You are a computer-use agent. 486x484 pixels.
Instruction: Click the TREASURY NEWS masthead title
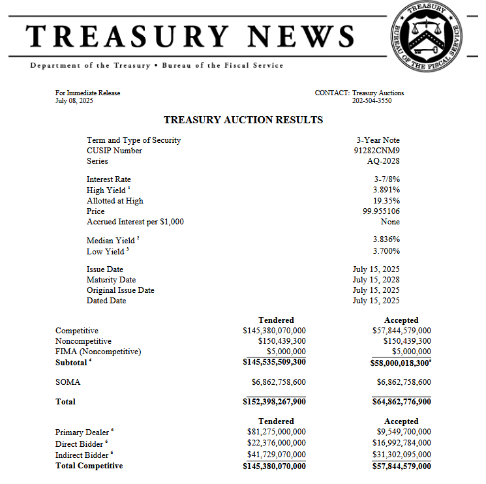tap(190, 35)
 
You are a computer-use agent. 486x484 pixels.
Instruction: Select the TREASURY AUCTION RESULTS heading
tap(243, 120)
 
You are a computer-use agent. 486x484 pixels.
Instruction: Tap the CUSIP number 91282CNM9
tap(376, 151)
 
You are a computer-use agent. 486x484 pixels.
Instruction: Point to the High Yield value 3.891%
tap(387, 190)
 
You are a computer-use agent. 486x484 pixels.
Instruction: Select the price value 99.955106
tap(382, 211)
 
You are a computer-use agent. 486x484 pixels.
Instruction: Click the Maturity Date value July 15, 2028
tap(376, 280)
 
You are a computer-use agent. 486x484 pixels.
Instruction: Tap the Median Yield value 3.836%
tap(387, 240)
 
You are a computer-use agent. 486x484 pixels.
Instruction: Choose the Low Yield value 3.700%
tap(387, 251)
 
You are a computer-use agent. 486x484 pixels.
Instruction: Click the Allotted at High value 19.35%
tap(387, 201)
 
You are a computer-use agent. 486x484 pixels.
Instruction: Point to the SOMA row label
tap(68, 382)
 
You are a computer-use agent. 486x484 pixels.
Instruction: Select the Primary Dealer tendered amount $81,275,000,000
tap(277, 432)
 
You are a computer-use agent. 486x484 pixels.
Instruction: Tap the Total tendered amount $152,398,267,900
tap(274, 402)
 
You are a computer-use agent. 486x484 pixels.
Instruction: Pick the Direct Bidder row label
tap(80, 444)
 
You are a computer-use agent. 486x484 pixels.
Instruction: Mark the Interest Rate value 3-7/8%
tap(387, 179)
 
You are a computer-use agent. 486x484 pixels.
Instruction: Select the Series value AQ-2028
tap(384, 161)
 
